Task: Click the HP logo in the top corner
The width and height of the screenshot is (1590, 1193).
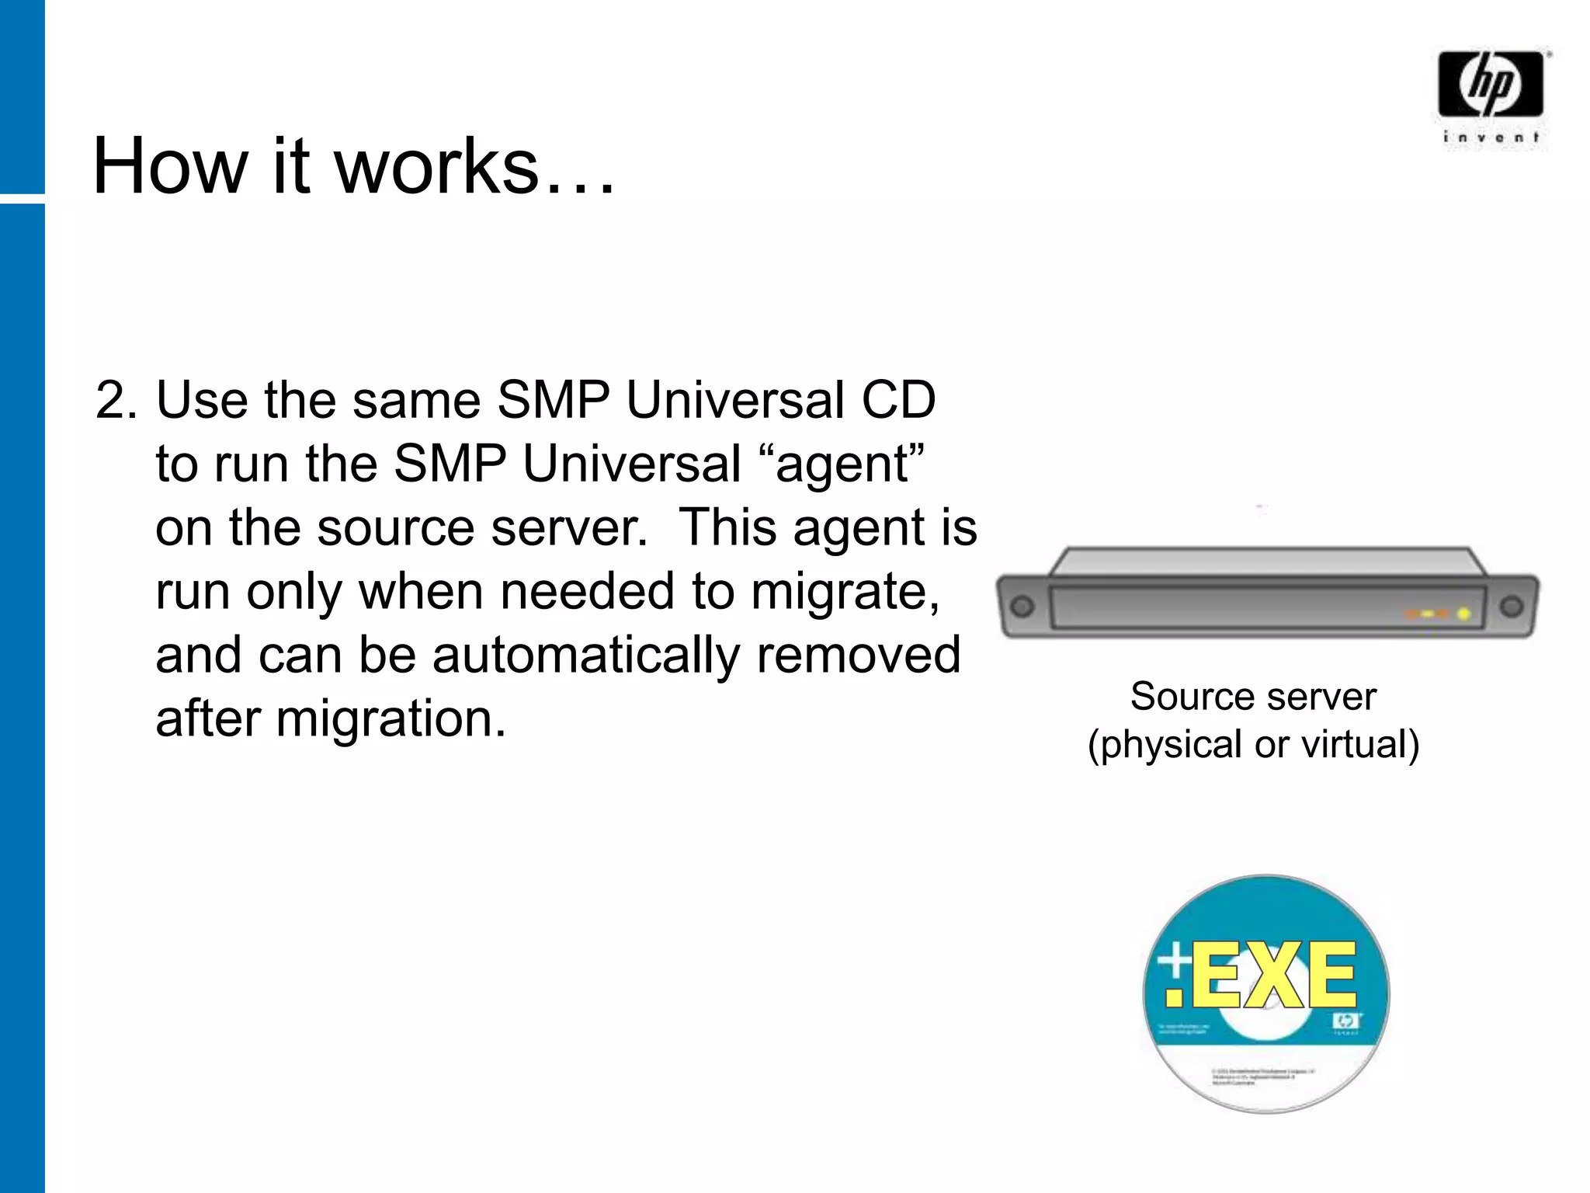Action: [x=1490, y=84]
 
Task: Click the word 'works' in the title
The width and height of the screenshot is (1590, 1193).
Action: [x=437, y=165]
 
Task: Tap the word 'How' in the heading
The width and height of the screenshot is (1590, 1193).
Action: [x=168, y=165]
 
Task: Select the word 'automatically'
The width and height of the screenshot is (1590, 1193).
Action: [x=586, y=656]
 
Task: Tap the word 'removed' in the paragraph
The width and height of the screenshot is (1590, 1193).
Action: [x=858, y=656]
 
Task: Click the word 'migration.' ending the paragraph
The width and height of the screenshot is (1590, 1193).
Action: [x=391, y=719]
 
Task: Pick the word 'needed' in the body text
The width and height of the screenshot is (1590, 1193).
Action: [x=588, y=592]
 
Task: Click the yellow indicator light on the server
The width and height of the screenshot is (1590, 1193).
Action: [x=1463, y=614]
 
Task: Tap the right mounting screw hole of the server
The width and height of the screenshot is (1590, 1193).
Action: [x=1511, y=607]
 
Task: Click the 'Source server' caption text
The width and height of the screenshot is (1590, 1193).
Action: [x=1253, y=696]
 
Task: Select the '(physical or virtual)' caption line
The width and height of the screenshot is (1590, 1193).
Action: [x=1253, y=744]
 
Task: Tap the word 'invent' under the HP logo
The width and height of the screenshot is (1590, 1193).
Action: [x=1491, y=137]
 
